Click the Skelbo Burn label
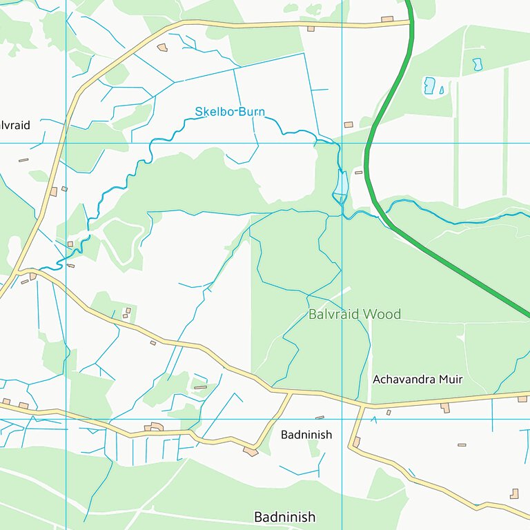[230, 112]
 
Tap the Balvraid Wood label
[354, 315]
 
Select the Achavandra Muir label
[418, 380]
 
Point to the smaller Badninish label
[306, 435]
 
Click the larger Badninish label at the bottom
[284, 517]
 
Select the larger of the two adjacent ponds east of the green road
[429, 86]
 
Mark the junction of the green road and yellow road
[411, 23]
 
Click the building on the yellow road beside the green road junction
[387, 19]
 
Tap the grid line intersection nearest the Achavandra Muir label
[342, 419]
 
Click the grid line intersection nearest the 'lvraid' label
[66, 143]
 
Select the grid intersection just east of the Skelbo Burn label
[342, 143]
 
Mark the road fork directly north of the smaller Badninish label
[291, 393]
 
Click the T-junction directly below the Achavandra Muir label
[362, 406]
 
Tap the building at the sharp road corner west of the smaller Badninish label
[251, 451]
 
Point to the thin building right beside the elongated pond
[358, 172]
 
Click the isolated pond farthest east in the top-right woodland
[477, 64]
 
